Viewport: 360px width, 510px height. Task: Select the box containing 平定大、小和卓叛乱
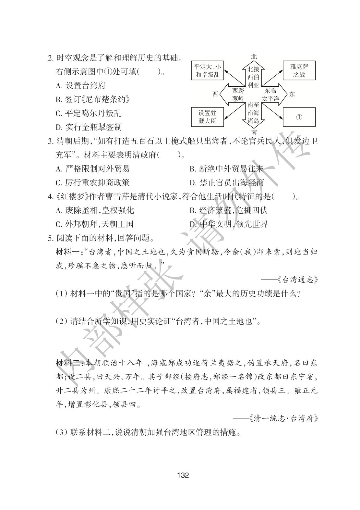click(x=207, y=71)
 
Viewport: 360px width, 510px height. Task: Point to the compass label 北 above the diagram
click(x=254, y=56)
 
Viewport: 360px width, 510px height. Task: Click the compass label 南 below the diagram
click(x=254, y=132)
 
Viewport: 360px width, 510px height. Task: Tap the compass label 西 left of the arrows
click(x=215, y=94)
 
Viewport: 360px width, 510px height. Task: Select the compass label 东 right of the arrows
click(x=292, y=94)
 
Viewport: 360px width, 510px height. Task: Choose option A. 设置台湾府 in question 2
click(x=81, y=86)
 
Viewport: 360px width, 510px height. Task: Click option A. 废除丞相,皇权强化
click(x=95, y=210)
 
